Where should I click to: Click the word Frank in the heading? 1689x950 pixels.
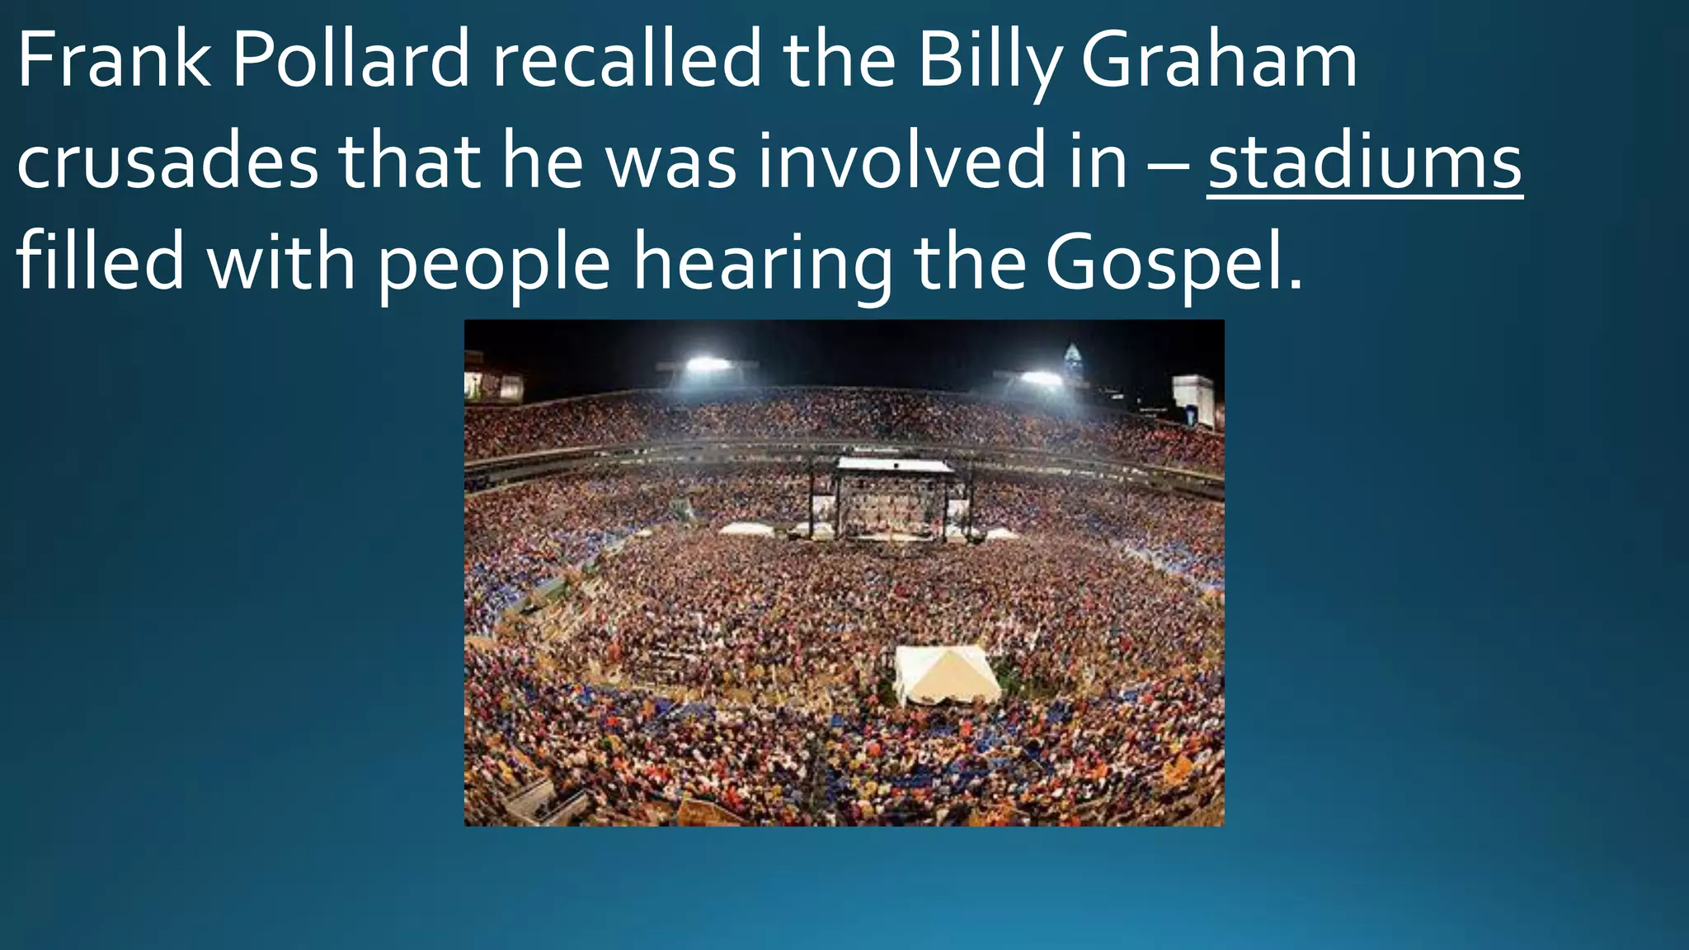[113, 62]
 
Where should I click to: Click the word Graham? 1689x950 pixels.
[1219, 62]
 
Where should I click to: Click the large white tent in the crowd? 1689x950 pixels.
[946, 673]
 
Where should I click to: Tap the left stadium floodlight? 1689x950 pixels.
[708, 364]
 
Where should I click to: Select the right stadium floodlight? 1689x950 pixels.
[1041, 379]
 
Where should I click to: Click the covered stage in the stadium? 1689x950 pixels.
[894, 495]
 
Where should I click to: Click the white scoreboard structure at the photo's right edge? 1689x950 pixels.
[1193, 399]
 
